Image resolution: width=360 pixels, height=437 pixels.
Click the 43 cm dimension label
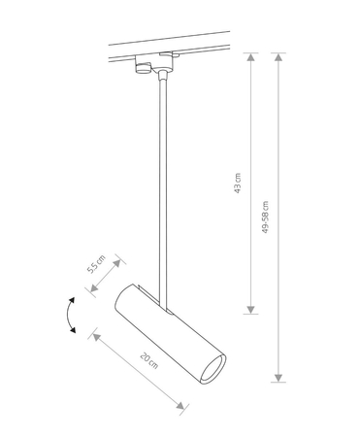pyautogui.click(x=238, y=184)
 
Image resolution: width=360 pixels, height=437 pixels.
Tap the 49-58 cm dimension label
pyautogui.click(x=265, y=218)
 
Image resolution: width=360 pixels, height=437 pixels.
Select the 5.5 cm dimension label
pyautogui.click(x=97, y=264)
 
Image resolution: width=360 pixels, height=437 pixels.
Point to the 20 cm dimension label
pyautogui.click(x=149, y=360)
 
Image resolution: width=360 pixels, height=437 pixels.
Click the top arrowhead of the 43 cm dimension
pyautogui.click(x=250, y=57)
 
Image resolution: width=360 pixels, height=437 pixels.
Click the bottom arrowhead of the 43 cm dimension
pyautogui.click(x=250, y=310)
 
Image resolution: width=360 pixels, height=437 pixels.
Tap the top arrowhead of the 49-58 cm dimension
pyautogui.click(x=278, y=57)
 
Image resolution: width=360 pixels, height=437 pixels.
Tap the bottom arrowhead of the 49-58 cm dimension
pyautogui.click(x=278, y=378)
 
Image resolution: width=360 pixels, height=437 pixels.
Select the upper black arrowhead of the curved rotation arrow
pyautogui.click(x=72, y=300)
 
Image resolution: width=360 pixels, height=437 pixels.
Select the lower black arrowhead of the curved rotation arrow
pyautogui.click(x=73, y=330)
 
